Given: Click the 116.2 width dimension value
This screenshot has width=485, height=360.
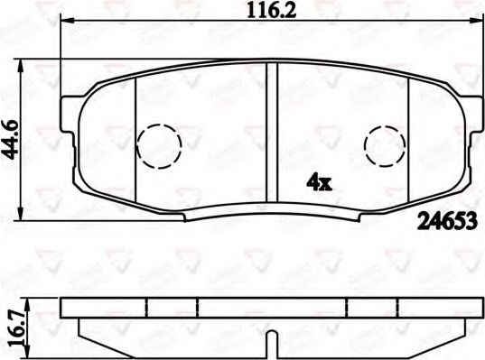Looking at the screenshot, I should (x=254, y=13).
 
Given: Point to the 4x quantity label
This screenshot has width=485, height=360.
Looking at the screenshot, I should (x=320, y=182).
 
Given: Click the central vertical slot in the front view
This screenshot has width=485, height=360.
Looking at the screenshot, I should (x=273, y=135).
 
